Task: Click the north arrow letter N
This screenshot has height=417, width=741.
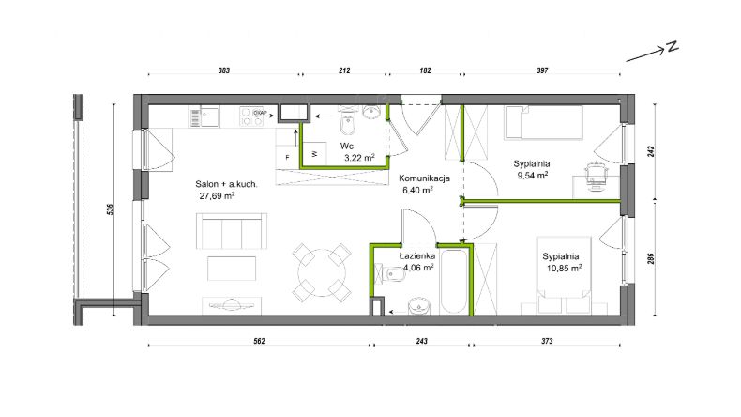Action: click(672, 46)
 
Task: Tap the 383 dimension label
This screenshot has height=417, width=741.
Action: click(224, 70)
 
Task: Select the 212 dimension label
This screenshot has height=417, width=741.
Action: click(344, 70)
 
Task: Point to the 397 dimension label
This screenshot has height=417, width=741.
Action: click(542, 70)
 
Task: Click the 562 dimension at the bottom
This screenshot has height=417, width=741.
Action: click(259, 341)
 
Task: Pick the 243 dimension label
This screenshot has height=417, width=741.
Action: click(421, 341)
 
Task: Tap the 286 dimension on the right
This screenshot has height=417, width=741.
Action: click(651, 258)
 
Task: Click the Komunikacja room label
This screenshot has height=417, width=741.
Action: click(424, 178)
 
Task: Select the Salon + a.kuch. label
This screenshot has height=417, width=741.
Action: click(226, 184)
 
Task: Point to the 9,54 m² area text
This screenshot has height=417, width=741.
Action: click(533, 175)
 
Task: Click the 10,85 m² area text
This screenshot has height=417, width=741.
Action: click(564, 268)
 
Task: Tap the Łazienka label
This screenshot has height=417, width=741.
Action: click(417, 256)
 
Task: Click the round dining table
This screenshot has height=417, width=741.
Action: click(322, 272)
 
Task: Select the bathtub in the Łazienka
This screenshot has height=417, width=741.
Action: click(454, 281)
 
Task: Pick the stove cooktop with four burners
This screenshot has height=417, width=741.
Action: click(251, 116)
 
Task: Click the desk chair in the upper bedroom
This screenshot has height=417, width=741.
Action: click(596, 176)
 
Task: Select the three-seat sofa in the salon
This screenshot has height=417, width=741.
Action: click(232, 231)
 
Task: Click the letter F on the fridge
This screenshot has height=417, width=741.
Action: click(287, 158)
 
